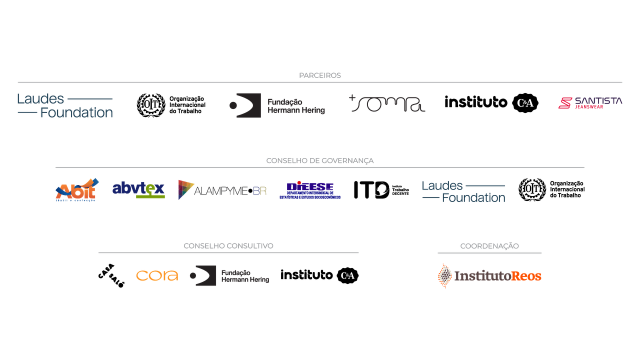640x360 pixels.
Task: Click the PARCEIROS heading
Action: coord(320,75)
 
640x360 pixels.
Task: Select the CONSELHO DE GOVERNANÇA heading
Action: coord(320,161)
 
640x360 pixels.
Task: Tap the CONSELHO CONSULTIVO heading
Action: coord(228,246)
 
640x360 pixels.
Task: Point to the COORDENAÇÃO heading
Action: coord(489,246)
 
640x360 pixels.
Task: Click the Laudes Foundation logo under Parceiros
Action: coord(65,105)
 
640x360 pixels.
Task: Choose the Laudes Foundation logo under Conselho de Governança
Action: coord(463,191)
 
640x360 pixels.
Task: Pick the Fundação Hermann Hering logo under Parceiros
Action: coord(276,105)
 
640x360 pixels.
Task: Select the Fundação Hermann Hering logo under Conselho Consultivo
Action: coord(229,276)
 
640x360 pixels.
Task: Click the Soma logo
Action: coord(387,103)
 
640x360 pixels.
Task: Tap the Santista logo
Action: coord(590,103)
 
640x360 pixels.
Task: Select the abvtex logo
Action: coord(138,189)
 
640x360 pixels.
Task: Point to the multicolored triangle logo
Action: coord(186,189)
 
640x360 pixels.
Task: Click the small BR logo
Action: coord(260,190)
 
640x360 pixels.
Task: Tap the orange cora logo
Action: coord(156,275)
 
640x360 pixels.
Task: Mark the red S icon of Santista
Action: coord(565,103)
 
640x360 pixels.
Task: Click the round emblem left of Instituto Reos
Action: coord(444,276)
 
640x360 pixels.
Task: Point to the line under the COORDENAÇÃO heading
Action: coord(489,253)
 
